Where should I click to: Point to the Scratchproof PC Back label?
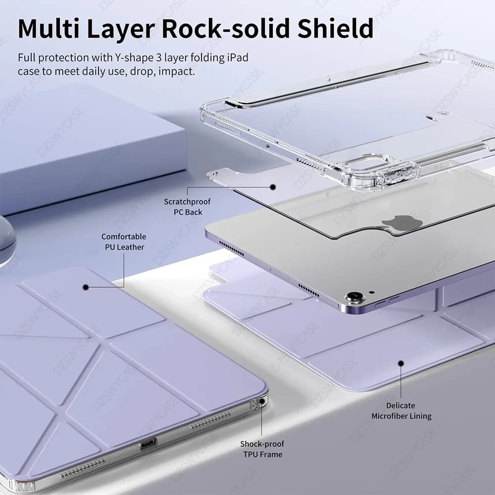187,207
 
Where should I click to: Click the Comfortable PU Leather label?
124,242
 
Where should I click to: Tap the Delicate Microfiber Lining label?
401,411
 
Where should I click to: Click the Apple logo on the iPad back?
402,224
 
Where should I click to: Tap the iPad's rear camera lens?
354,298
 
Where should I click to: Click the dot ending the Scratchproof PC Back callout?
272,187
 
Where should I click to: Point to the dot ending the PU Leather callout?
86,287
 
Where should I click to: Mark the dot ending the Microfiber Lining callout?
401,363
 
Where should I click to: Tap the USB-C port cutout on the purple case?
148,444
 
